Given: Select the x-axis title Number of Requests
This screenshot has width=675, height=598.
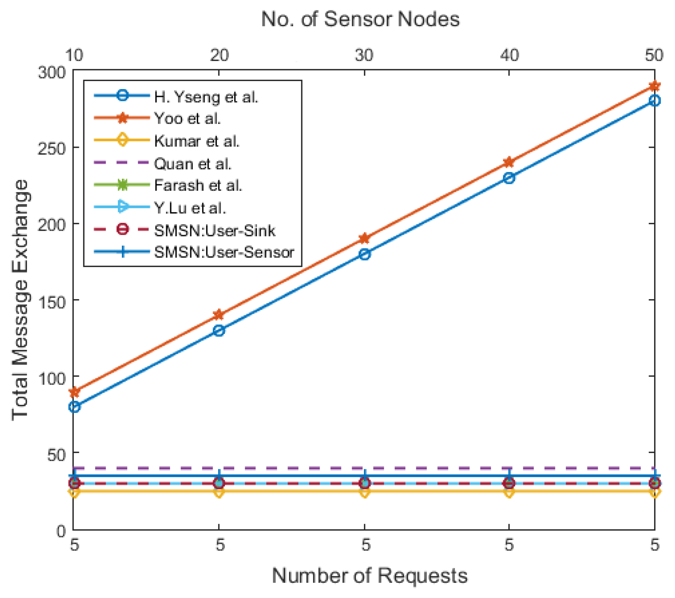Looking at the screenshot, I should (369, 575).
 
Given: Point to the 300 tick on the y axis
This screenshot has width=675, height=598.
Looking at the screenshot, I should (52, 72).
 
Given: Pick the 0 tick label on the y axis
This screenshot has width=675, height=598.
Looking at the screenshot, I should (61, 531).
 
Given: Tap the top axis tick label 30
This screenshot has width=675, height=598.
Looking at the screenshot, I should (364, 55).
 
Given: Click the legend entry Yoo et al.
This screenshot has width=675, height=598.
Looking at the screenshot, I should (187, 118).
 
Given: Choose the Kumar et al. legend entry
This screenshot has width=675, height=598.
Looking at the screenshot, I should (197, 141).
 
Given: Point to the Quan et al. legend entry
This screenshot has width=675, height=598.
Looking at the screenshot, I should (192, 164).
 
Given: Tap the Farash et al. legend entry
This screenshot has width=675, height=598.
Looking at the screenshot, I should (198, 185).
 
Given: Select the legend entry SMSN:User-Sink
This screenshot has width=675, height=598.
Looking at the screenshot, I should (215, 230).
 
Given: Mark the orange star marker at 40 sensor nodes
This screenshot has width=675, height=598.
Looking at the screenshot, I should (509, 162).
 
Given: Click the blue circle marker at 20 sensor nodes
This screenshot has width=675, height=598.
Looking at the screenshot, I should (219, 330).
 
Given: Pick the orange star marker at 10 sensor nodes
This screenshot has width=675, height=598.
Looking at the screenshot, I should (74, 391).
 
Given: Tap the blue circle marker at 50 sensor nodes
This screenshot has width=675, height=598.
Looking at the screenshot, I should (654, 101).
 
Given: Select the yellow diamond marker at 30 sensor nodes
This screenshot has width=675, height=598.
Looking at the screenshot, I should (364, 492).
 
